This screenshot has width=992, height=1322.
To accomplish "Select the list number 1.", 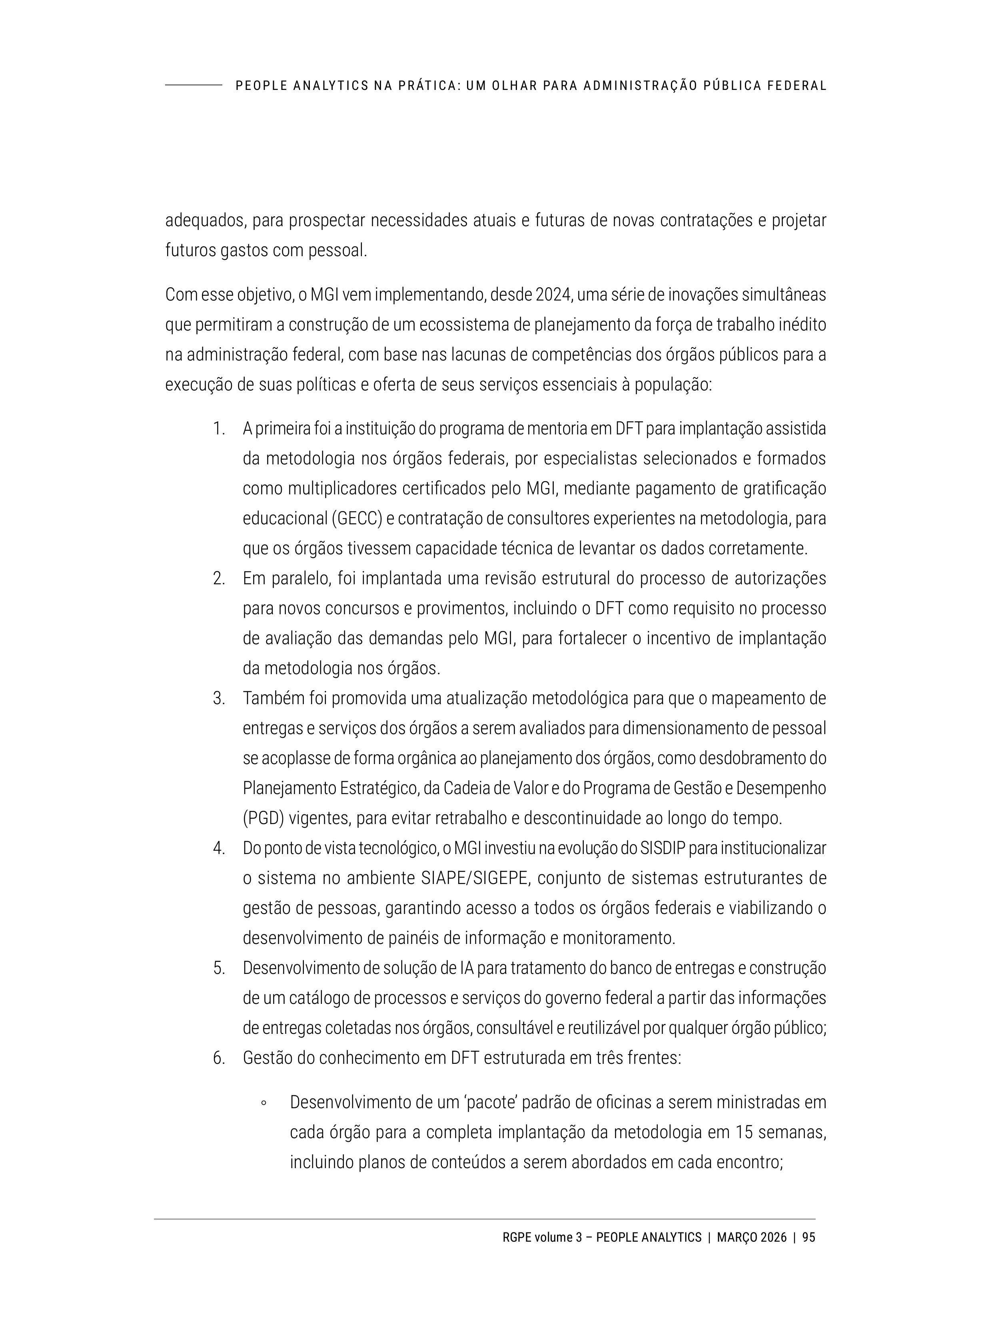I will (218, 429).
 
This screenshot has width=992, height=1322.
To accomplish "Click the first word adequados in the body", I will (204, 221).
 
